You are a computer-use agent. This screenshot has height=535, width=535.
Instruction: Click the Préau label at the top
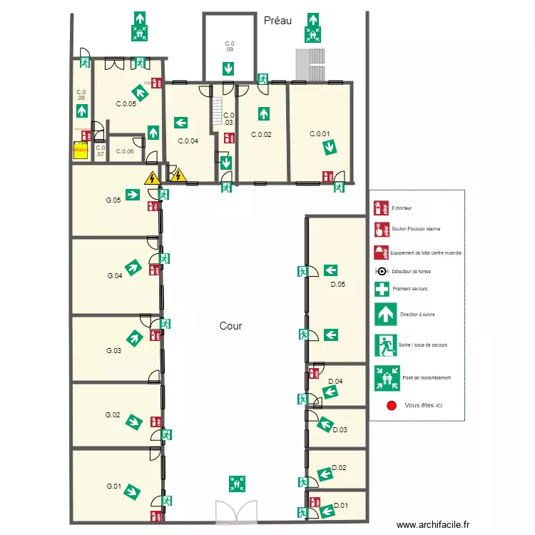pyautogui.click(x=277, y=21)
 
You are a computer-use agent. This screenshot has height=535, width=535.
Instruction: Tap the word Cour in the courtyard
pyautogui.click(x=230, y=326)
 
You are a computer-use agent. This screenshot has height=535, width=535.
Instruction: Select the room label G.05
pyautogui.click(x=113, y=200)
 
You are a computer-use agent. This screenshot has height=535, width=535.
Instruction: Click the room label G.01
pyautogui.click(x=113, y=486)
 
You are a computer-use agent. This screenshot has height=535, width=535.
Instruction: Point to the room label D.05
pyautogui.click(x=337, y=285)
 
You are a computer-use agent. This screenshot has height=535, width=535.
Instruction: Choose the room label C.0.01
pyautogui.click(x=320, y=134)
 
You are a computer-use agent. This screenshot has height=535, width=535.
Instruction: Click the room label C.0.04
pyautogui.click(x=188, y=141)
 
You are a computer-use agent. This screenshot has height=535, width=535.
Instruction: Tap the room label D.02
pyautogui.click(x=339, y=468)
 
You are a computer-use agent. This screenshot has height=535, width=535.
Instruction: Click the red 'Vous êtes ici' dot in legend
pyautogui.click(x=390, y=405)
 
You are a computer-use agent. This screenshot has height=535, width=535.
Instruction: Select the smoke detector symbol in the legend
pyautogui.click(x=382, y=271)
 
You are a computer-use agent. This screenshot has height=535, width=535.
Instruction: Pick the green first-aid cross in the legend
pyautogui.click(x=382, y=289)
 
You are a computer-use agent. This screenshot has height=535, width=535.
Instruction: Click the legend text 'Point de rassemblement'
pyautogui.click(x=427, y=378)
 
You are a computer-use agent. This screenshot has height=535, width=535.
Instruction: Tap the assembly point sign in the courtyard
pyautogui.click(x=236, y=483)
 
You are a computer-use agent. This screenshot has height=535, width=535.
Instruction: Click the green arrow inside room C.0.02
pyautogui.click(x=263, y=113)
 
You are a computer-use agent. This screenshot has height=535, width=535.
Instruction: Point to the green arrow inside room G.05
pyautogui.click(x=132, y=194)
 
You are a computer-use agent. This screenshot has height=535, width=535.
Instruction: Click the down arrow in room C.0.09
pyautogui.click(x=228, y=69)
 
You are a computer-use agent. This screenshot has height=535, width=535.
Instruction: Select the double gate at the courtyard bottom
pyautogui.click(x=236, y=511)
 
